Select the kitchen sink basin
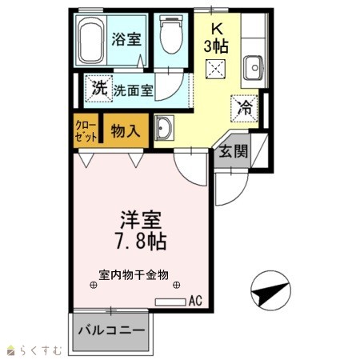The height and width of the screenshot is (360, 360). coord(254,68)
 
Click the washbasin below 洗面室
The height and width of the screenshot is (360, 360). coord(164,128)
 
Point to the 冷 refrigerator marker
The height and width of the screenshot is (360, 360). coord(244,108)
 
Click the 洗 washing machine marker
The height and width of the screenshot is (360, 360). coord(99,88)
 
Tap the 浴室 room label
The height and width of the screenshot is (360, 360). coord(126,39)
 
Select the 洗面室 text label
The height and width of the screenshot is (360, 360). coord(134,90)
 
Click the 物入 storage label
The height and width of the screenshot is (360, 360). coord(126,131)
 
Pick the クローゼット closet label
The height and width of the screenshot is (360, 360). coord(86,131)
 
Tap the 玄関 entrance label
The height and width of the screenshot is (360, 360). coord(234,151)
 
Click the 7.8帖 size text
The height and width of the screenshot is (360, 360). coord(141,242)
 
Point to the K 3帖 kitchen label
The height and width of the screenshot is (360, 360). coord(216,39)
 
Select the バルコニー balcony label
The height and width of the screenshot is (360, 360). coord(111,330)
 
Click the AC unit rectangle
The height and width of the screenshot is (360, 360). coord(170,302)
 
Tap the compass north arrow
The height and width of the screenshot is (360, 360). coord(270,294)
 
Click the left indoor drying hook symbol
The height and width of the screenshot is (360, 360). coord(93,285)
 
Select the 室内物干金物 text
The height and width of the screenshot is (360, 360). coord(134,275)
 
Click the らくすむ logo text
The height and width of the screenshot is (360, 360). coord(41,350)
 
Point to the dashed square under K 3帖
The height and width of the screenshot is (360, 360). coord(215,69)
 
